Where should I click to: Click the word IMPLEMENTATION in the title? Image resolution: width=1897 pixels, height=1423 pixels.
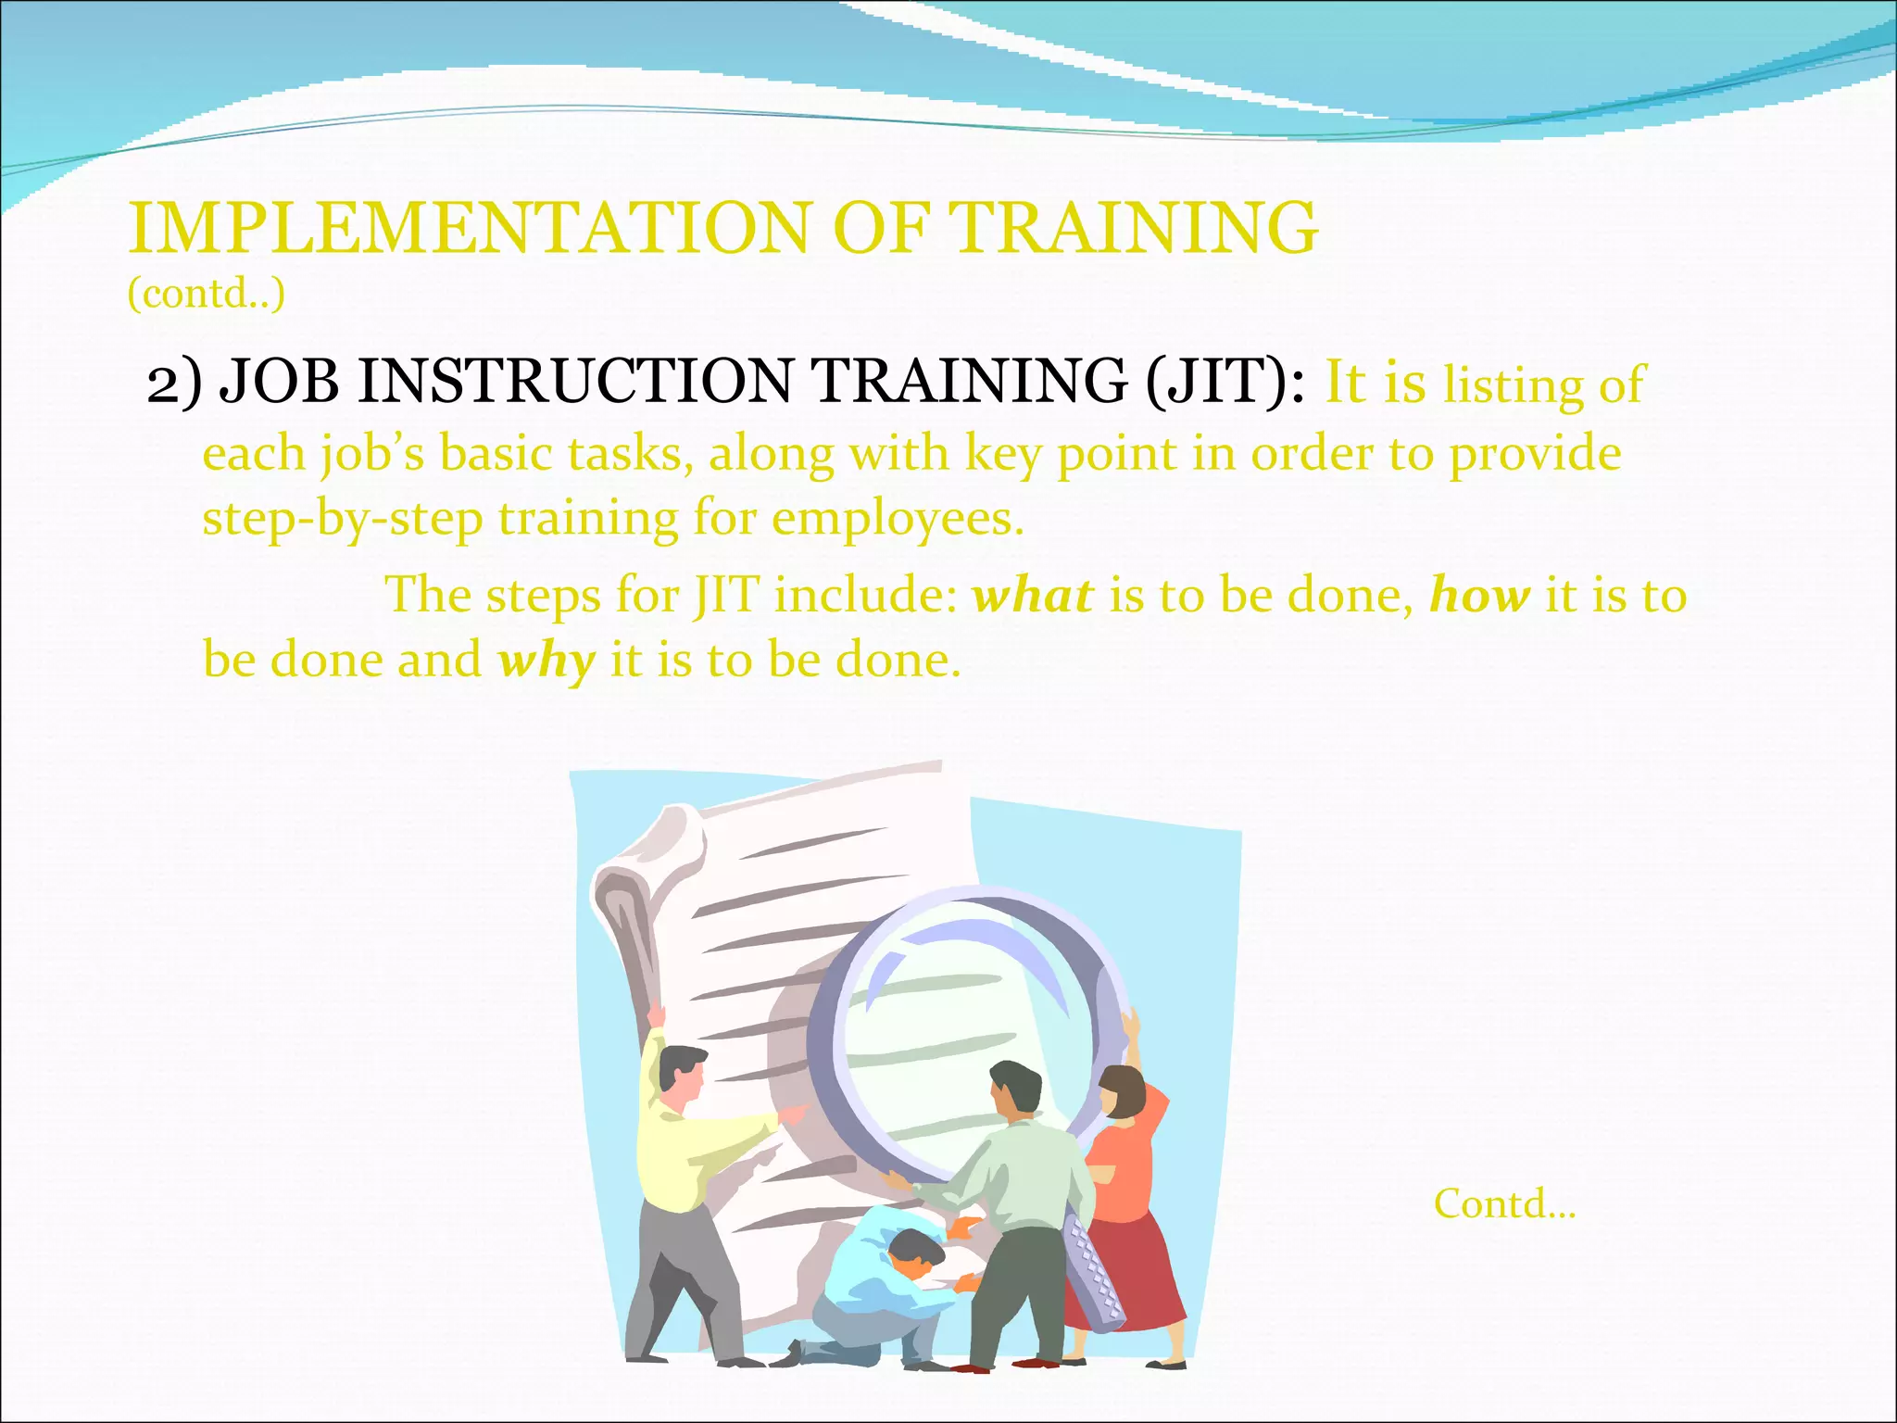click(468, 228)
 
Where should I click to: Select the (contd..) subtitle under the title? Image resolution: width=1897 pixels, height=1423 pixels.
click(206, 295)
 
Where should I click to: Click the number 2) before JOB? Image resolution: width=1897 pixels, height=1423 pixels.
click(173, 381)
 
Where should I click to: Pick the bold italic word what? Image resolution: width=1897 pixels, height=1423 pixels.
click(1032, 595)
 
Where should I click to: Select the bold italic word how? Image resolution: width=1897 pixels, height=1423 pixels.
click(1478, 595)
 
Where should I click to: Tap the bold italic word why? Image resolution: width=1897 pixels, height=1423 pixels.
click(546, 661)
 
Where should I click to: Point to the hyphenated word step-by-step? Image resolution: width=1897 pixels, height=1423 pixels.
click(343, 518)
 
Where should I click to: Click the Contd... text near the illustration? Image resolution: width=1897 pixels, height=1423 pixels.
click(1504, 1204)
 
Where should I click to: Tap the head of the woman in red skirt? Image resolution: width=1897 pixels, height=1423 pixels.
click(1122, 1093)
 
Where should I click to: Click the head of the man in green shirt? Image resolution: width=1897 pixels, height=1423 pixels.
click(1015, 1091)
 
